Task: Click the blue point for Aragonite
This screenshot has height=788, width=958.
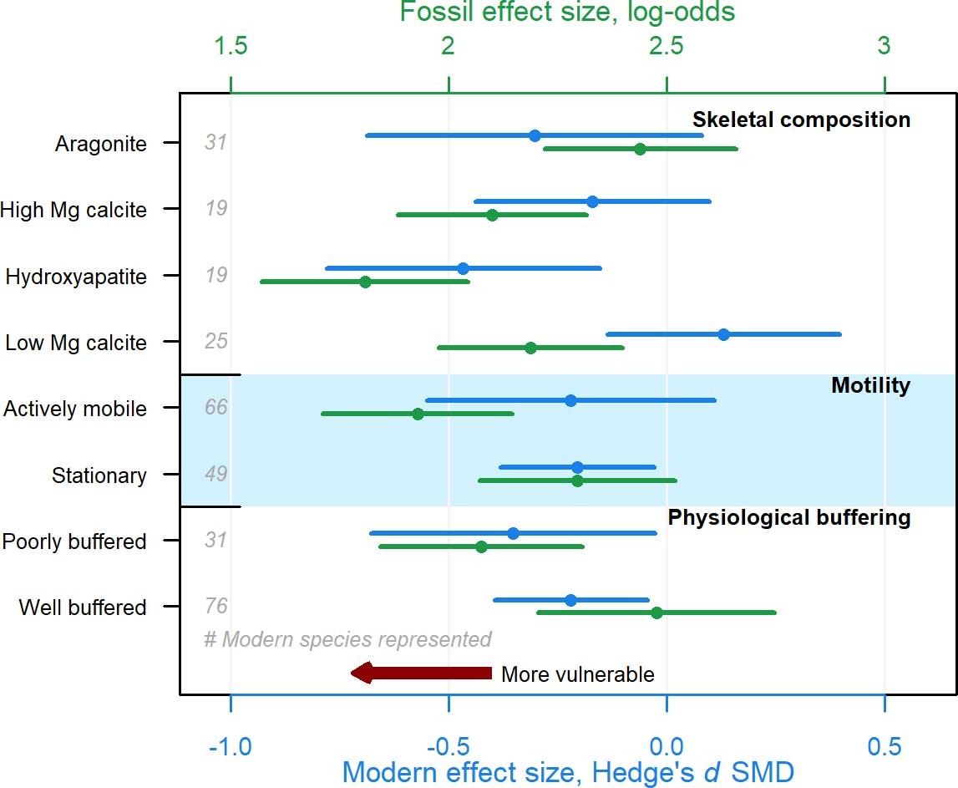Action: click(x=535, y=135)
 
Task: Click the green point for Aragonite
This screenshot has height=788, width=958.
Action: click(x=640, y=149)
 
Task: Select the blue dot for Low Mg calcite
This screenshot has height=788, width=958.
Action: click(x=723, y=334)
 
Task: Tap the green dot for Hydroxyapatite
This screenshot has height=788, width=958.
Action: click(x=365, y=282)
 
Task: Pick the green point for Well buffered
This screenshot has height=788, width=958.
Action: click(x=656, y=613)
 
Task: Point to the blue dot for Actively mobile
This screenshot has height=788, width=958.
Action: click(x=570, y=400)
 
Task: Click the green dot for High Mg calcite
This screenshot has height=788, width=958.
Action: click(x=492, y=215)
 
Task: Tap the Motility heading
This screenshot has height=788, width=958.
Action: click(x=870, y=385)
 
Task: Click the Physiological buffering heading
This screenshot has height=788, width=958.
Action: click(x=788, y=518)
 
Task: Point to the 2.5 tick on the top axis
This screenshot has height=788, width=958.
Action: click(x=667, y=84)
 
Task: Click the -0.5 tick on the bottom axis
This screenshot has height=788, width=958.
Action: click(x=449, y=703)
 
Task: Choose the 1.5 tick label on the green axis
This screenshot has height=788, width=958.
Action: click(x=231, y=47)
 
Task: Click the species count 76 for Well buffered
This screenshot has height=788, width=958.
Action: click(x=216, y=607)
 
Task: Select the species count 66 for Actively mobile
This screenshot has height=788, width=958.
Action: click(x=216, y=408)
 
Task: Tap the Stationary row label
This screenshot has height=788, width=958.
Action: click(x=99, y=475)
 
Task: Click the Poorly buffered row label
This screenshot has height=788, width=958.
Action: click(x=74, y=541)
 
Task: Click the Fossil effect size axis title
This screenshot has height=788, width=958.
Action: click(x=567, y=13)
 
